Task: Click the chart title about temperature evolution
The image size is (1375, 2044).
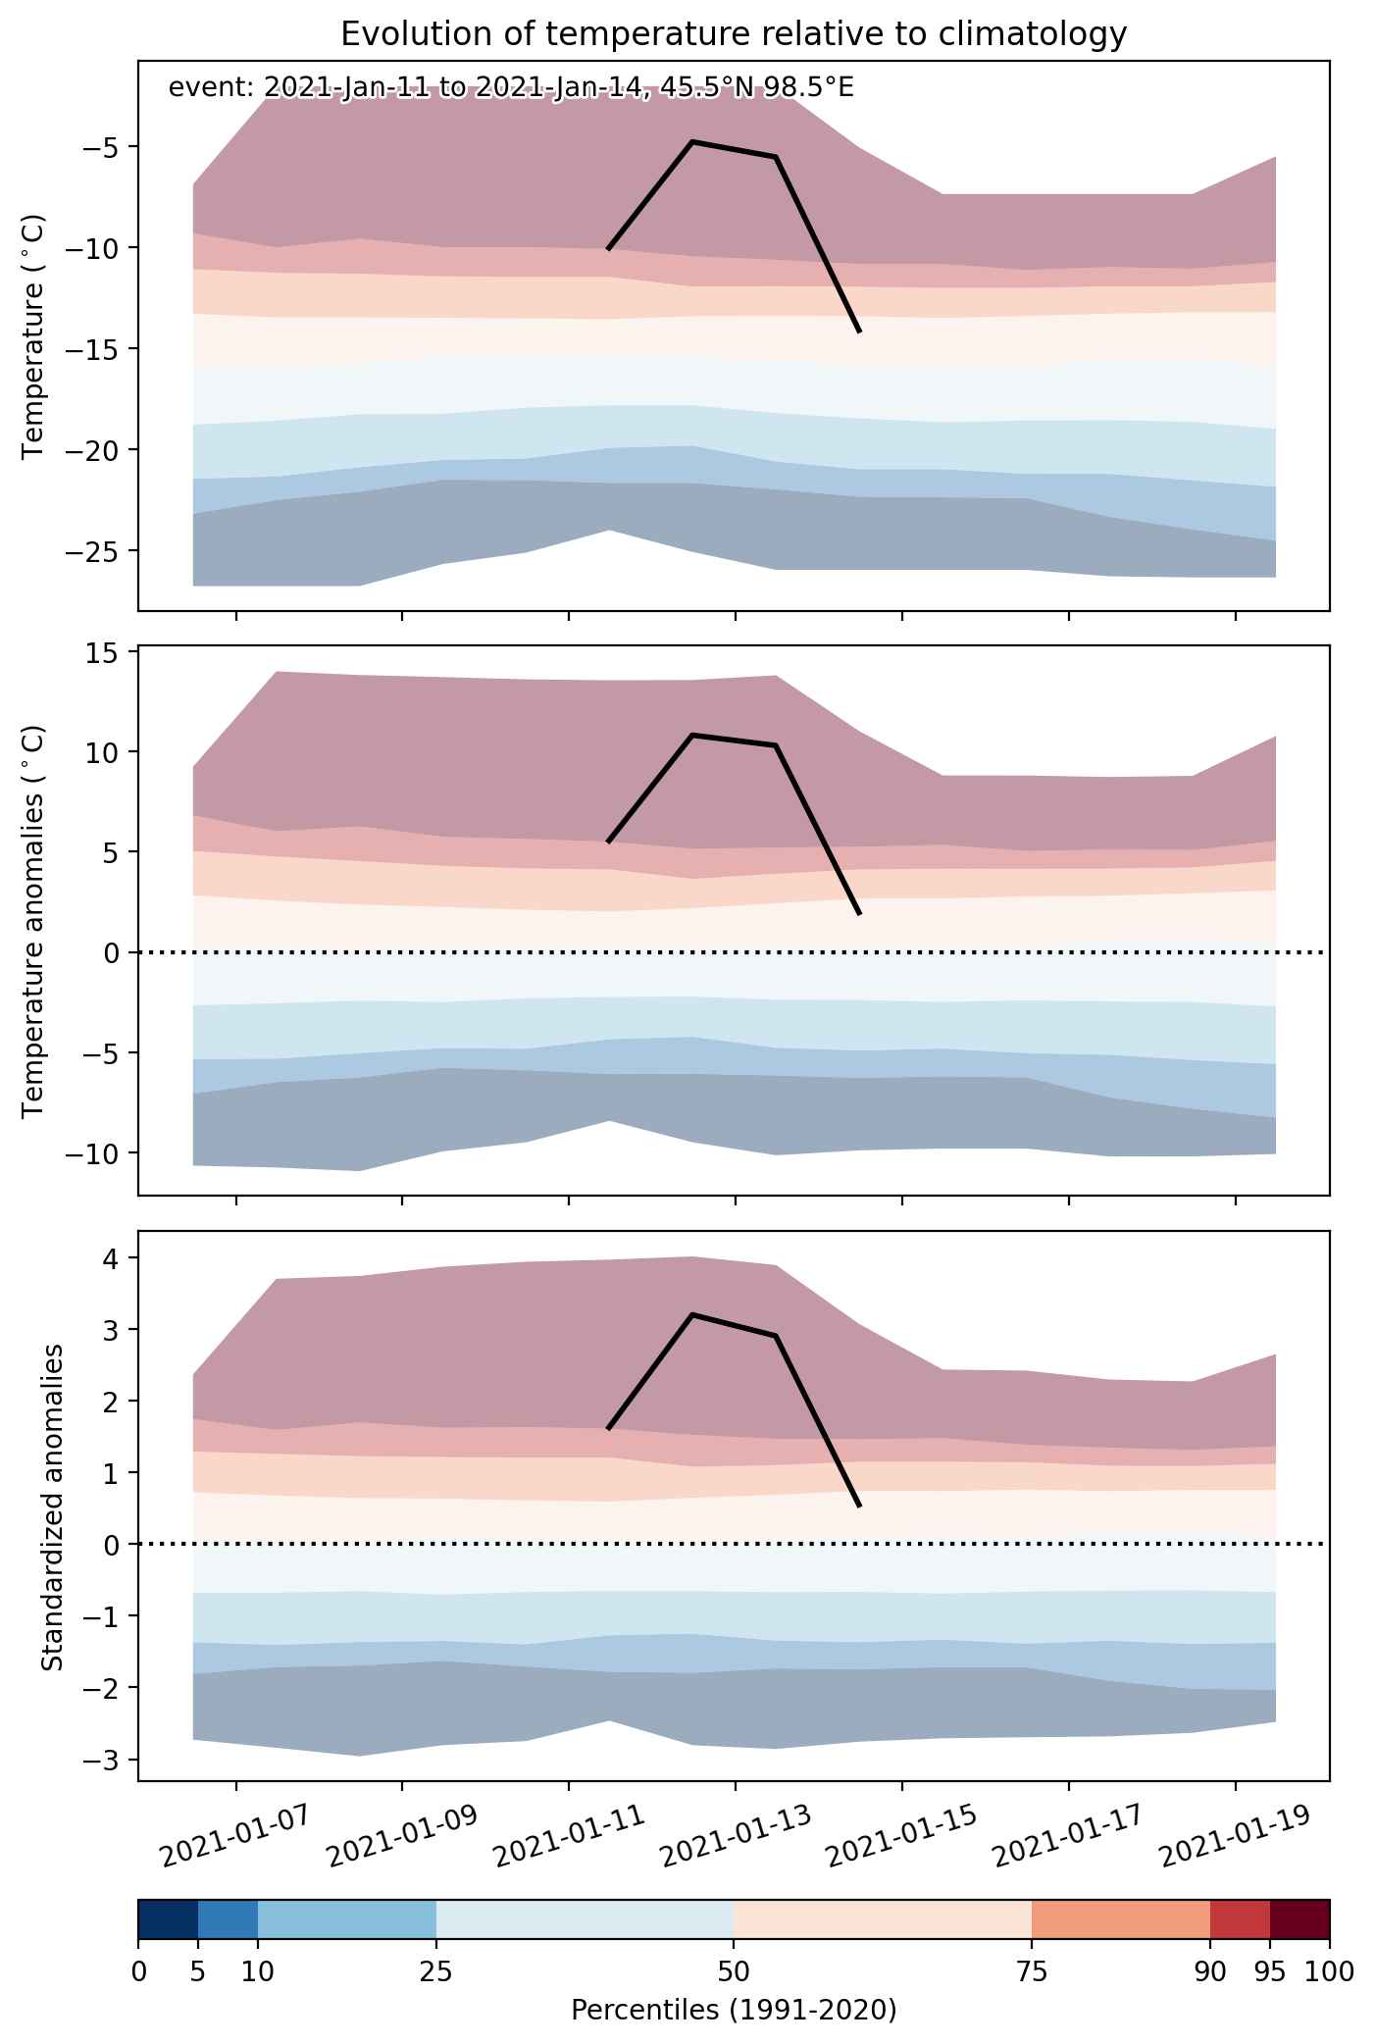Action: pos(734,34)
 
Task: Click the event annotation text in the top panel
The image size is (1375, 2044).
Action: pos(511,88)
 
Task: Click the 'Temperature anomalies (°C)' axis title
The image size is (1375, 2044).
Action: pos(35,921)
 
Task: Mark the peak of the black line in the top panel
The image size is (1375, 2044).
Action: pos(692,141)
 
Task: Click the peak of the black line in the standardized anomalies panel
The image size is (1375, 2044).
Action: pos(692,1314)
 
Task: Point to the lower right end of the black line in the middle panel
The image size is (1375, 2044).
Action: pos(859,914)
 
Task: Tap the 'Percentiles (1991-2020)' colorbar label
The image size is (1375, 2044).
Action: pos(734,2011)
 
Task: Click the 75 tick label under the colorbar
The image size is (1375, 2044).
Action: pos(1032,1975)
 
